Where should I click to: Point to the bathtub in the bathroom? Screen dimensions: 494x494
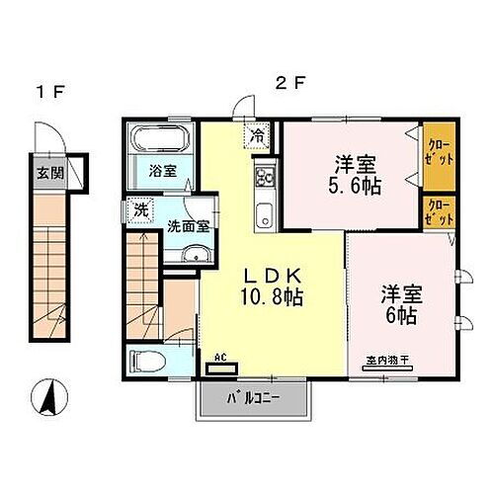tap(161, 139)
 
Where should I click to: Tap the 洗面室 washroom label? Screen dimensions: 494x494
tap(187, 225)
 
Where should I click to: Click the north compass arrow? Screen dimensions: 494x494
tap(46, 400)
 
